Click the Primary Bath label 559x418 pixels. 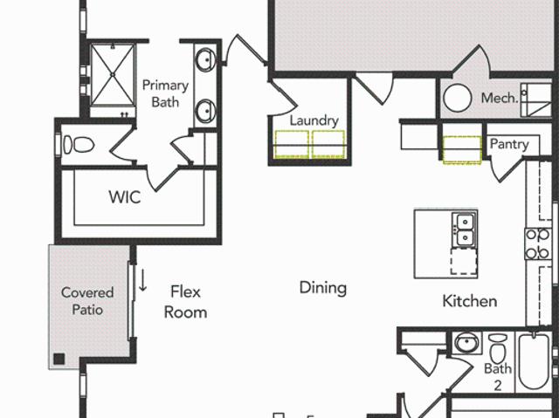click(x=165, y=93)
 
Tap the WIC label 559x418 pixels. click(x=125, y=197)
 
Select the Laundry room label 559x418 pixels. click(x=314, y=120)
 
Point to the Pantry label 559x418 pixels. click(x=509, y=144)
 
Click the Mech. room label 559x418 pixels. click(x=500, y=98)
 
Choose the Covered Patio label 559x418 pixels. click(x=87, y=301)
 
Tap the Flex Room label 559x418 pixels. click(x=185, y=302)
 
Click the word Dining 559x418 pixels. click(x=323, y=288)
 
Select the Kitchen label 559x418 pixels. click(x=470, y=301)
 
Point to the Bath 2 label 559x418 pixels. click(x=498, y=377)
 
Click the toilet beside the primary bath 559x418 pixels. click(x=79, y=145)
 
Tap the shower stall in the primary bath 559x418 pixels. click(x=113, y=75)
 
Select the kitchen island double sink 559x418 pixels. click(x=464, y=230)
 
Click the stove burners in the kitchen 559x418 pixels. click(x=538, y=243)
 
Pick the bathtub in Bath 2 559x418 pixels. click(x=534, y=361)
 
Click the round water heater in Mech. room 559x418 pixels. click(x=458, y=98)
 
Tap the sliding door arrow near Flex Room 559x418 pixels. click(x=142, y=281)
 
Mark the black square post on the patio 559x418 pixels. click(x=59, y=359)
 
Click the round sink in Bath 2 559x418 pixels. click(x=466, y=343)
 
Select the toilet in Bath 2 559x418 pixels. click(x=498, y=348)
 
